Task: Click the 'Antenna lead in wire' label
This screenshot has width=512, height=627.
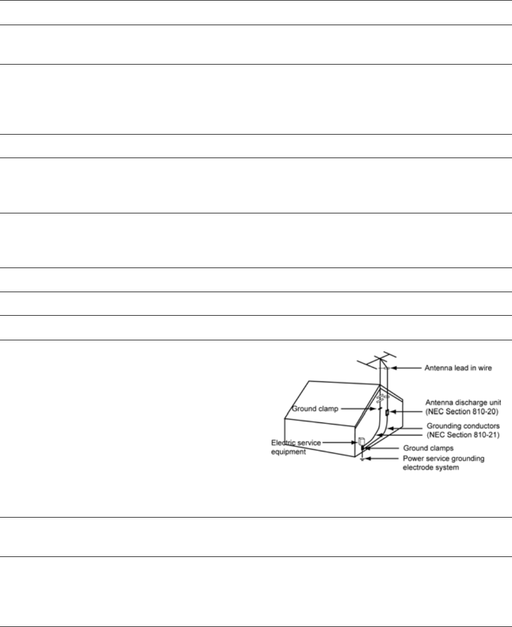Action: click(x=458, y=368)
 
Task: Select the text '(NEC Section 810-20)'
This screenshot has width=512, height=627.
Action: click(x=462, y=411)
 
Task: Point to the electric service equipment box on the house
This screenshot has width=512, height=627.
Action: click(x=360, y=440)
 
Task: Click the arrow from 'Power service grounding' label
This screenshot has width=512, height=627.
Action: click(x=382, y=458)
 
